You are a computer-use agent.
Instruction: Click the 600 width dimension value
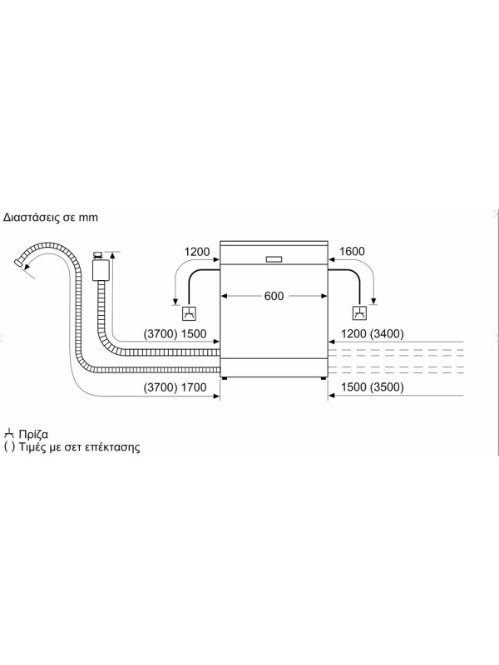coord(274,296)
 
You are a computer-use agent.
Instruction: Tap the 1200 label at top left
coord(199,252)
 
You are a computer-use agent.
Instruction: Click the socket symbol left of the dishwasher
coord(189,313)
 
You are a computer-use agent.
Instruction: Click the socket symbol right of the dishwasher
coord(359,313)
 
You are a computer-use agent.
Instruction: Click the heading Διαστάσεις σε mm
coord(51,218)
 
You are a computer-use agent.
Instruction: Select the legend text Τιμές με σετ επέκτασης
coord(79,446)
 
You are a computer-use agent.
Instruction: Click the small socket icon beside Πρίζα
coord(9,433)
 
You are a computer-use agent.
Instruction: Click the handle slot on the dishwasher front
coord(274,258)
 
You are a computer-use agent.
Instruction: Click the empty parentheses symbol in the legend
coord(9,446)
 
